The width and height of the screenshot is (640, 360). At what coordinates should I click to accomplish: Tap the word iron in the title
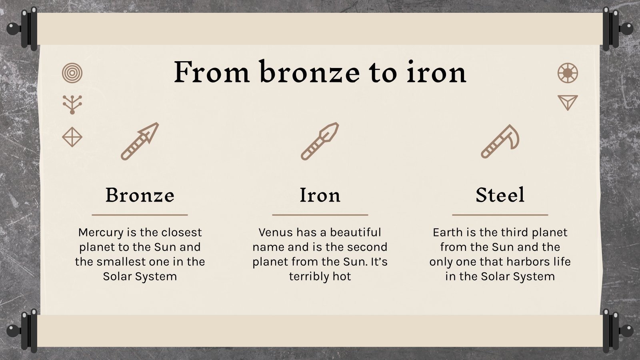436,72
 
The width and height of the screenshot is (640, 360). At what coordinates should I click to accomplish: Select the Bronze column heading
140,195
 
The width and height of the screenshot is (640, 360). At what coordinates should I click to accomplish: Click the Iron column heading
320,195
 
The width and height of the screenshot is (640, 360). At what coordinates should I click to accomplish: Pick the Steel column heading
500,195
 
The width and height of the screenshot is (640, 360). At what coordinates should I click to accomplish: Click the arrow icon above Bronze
140,141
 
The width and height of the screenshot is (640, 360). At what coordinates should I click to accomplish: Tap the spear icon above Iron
320,141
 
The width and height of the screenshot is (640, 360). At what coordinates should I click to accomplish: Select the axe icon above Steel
500,141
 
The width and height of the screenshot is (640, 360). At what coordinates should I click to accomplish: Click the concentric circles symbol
72,73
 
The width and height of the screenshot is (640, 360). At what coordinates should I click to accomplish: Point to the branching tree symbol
72,104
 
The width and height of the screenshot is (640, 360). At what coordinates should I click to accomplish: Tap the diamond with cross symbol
72,137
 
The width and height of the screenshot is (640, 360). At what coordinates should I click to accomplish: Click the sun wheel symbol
568,73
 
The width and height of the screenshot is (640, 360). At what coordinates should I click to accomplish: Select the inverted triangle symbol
568,102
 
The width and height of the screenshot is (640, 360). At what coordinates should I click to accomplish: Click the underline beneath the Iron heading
320,215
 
